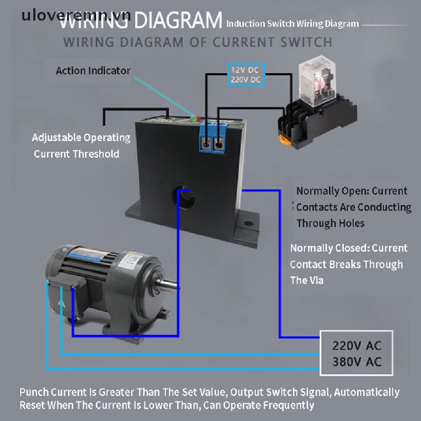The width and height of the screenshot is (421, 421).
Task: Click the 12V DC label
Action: pyautogui.click(x=245, y=70)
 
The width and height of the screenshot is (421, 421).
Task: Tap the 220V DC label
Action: pyautogui.click(x=245, y=79)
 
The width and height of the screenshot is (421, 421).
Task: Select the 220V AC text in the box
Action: pyautogui.click(x=356, y=345)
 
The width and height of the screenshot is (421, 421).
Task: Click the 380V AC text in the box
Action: pyautogui.click(x=356, y=362)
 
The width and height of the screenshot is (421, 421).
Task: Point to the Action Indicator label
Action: pyautogui.click(x=93, y=71)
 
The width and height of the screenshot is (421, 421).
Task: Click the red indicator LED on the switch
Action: pyautogui.click(x=199, y=118)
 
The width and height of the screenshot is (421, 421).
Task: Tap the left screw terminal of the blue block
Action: pyautogui.click(x=204, y=143)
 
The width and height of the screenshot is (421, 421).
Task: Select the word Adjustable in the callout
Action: pyautogui.click(x=57, y=137)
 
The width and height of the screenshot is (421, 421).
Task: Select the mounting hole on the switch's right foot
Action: pyautogui.click(x=248, y=224)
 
